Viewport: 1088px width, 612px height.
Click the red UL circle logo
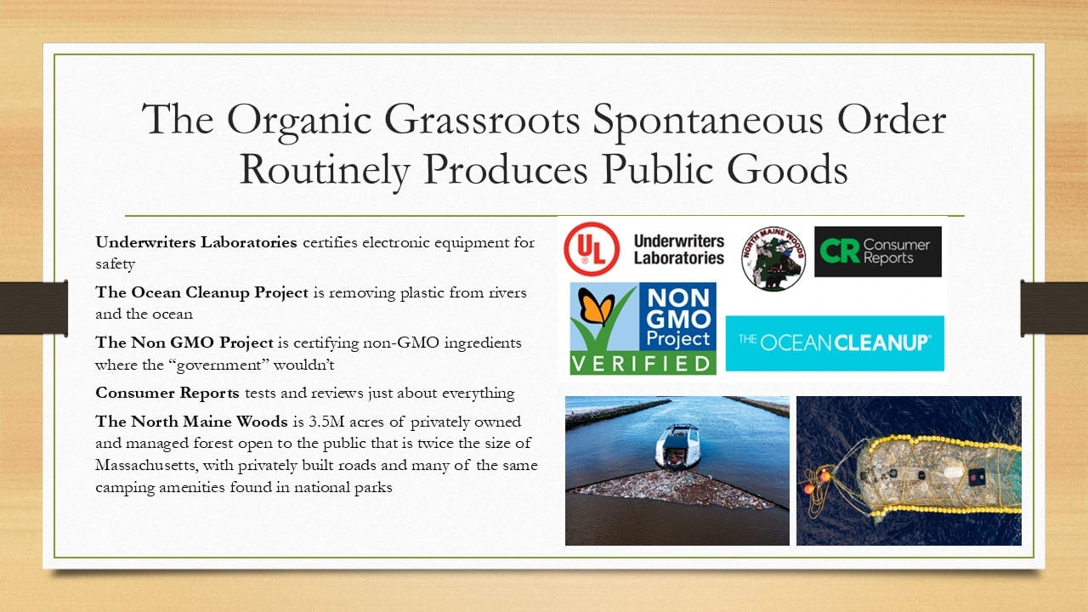[591, 249]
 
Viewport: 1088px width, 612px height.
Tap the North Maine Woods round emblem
[773, 258]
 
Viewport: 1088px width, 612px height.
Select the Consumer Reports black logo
[878, 252]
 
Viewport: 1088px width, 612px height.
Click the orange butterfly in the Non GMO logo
[596, 306]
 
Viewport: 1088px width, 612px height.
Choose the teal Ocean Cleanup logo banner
[835, 343]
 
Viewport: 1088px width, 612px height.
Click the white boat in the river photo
[677, 447]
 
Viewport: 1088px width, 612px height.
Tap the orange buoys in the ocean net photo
[816, 480]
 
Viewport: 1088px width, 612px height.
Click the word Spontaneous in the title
[708, 120]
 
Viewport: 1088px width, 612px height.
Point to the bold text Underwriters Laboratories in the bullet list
[195, 242]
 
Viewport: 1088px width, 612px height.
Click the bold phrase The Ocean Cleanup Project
[201, 292]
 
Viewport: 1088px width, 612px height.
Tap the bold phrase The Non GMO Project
[184, 343]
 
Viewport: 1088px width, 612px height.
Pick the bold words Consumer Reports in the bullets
[167, 393]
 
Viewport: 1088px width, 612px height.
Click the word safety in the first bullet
[115, 264]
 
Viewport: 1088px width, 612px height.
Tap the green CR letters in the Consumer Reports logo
[839, 251]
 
